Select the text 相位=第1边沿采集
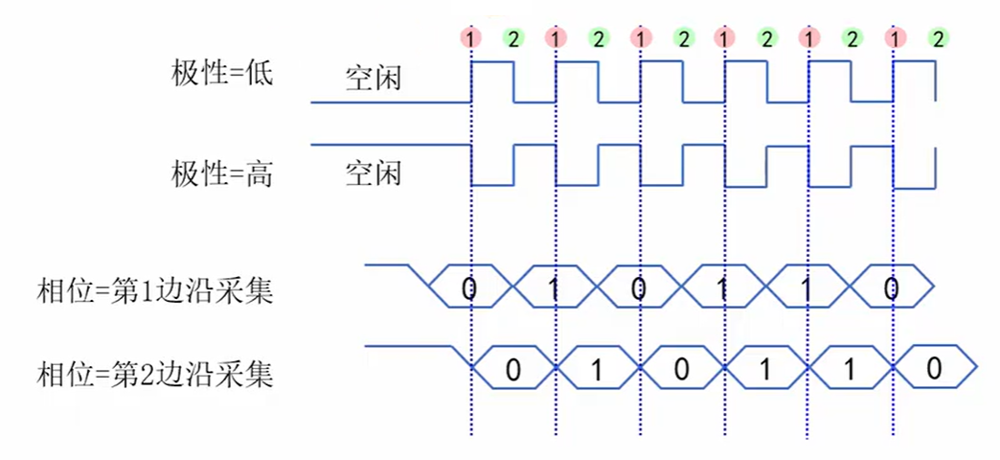(x=154, y=289)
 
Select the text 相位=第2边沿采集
(x=154, y=372)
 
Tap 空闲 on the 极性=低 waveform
(x=373, y=78)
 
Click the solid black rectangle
(x=491, y=7)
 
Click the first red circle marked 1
(x=470, y=38)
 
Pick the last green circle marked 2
(x=937, y=38)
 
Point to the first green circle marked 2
(x=513, y=38)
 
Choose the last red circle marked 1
(x=895, y=38)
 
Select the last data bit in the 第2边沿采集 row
(x=934, y=369)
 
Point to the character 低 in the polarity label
(x=260, y=73)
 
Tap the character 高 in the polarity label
(x=260, y=173)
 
